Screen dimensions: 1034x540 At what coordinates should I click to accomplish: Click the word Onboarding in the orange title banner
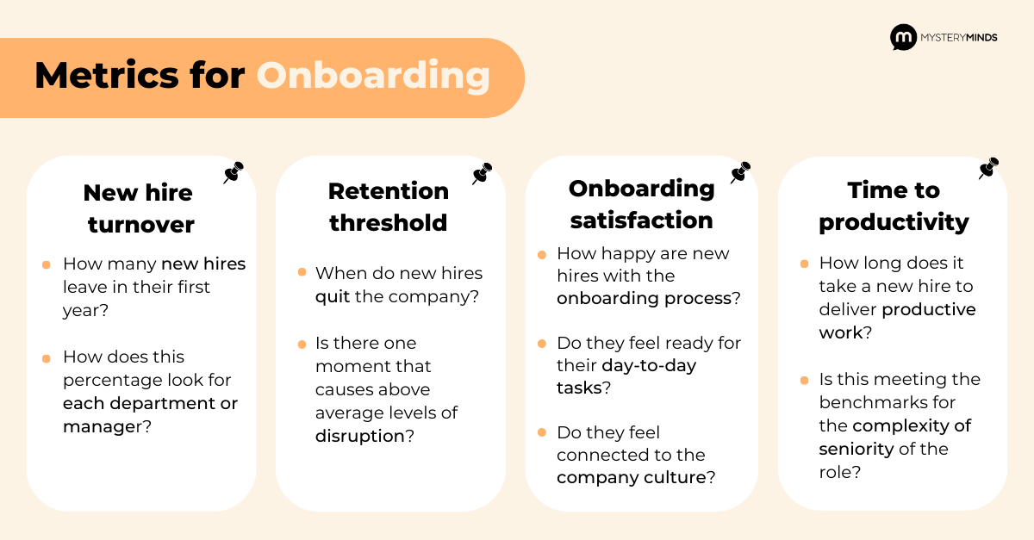coord(373,76)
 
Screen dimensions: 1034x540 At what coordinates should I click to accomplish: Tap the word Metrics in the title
coord(107,75)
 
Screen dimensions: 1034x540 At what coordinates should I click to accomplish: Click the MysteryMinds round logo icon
coord(903,37)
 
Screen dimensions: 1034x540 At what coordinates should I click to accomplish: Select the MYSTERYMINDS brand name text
coord(959,37)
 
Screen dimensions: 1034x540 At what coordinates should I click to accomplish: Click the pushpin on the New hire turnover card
coord(234,172)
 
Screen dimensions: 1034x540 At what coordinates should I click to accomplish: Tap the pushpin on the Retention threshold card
coord(483,173)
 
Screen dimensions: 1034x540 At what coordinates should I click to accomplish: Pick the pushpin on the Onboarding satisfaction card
coord(740,172)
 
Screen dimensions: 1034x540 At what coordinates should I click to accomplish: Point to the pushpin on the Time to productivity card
coord(989,168)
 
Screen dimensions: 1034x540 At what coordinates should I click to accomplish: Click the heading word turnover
coord(141,225)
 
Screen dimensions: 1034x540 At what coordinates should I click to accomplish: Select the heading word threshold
coord(389,223)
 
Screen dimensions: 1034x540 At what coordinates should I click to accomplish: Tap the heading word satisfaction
coord(642,220)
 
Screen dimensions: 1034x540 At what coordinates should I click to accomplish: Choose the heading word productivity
coord(894,223)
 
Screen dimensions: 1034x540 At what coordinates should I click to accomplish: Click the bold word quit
coord(333,297)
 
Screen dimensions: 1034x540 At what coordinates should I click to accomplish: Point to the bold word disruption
coord(360,436)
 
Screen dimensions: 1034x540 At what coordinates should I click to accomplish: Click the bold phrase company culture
coord(632,477)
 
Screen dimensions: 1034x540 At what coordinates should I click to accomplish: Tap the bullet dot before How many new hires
coord(47,265)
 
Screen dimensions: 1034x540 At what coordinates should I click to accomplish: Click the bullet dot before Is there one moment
coord(302,344)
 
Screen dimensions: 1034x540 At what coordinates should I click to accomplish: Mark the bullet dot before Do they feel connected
coord(542,432)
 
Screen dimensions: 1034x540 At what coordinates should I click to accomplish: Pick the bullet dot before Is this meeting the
coord(804,381)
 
